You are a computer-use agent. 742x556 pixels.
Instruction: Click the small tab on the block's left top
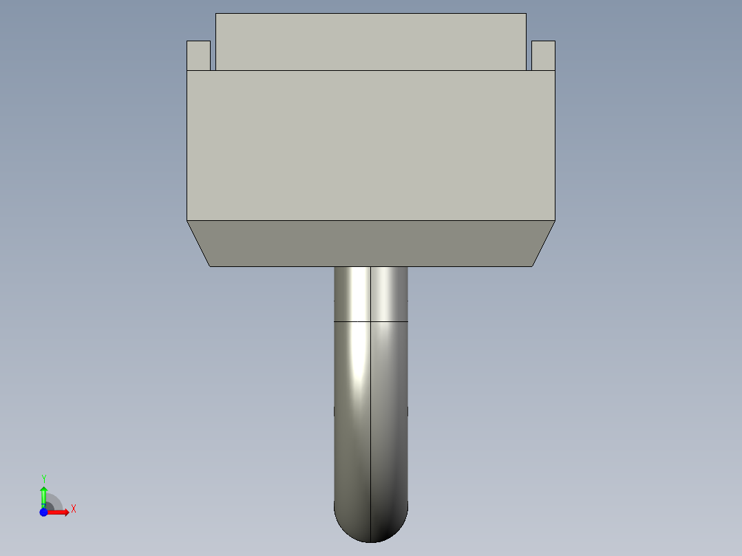click(198, 56)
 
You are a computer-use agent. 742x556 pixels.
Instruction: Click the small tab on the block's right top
click(543, 56)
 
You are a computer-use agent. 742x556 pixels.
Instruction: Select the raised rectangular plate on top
click(371, 41)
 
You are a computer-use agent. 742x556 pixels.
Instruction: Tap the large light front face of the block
click(371, 145)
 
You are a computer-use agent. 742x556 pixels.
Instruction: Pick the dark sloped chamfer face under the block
click(371, 244)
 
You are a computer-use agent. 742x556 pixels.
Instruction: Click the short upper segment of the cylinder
click(371, 294)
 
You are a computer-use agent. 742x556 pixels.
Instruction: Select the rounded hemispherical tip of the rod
click(371, 524)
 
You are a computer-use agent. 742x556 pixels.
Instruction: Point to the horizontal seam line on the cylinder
click(371, 321)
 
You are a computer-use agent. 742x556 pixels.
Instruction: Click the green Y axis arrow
click(43, 495)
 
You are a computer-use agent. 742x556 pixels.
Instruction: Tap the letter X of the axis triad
click(73, 509)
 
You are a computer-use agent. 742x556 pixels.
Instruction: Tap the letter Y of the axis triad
click(43, 478)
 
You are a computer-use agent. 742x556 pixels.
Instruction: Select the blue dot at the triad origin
click(43, 512)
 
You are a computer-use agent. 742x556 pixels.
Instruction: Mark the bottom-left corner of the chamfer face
click(210, 266)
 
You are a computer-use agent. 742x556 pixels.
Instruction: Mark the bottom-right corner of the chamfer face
click(532, 266)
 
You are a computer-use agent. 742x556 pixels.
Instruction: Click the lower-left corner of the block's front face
click(187, 220)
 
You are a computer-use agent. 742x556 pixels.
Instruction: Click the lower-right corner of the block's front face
click(555, 220)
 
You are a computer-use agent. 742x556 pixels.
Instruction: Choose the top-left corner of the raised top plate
click(216, 14)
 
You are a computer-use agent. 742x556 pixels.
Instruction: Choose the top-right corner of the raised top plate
click(526, 14)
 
